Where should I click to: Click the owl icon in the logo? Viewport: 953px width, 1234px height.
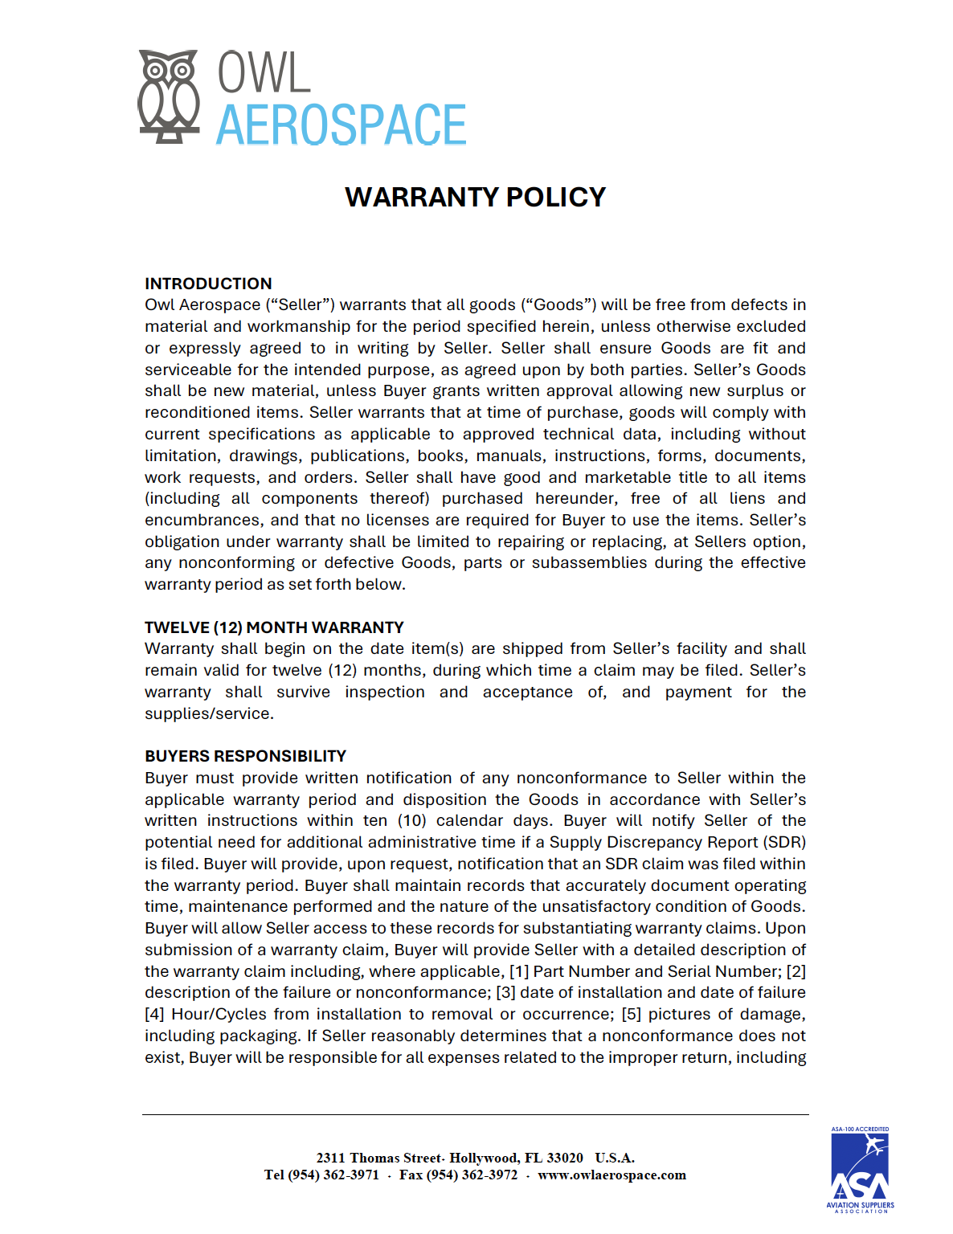click(168, 96)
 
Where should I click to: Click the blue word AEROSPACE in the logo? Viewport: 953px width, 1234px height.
click(342, 125)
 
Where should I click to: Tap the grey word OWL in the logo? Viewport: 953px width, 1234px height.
click(264, 73)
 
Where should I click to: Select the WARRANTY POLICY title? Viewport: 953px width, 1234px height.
click(476, 198)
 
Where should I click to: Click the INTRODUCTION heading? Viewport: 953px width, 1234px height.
click(208, 284)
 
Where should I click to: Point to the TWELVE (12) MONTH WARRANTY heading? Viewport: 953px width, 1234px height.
click(274, 627)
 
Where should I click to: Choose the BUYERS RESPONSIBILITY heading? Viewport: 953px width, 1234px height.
click(245, 756)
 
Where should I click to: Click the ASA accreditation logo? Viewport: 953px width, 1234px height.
click(860, 1169)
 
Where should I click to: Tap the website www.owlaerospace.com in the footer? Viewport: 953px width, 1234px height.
click(611, 1175)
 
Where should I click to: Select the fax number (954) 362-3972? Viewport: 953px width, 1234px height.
click(472, 1175)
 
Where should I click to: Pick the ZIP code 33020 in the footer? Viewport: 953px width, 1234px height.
click(565, 1158)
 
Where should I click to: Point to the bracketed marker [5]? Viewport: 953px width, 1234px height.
click(631, 1014)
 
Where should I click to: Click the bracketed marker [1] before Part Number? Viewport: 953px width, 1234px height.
click(519, 971)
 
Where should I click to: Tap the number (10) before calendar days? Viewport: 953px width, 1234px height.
click(412, 820)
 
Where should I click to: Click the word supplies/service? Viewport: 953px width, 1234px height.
click(209, 713)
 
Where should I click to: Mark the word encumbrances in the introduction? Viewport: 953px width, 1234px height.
click(203, 520)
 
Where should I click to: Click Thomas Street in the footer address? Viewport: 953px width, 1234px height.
click(395, 1158)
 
